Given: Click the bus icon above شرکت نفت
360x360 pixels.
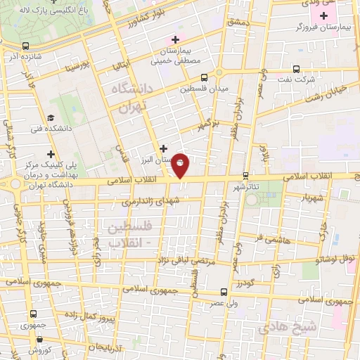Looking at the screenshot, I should pos(296,70).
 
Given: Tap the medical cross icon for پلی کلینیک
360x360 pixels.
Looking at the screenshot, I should pos(50,154).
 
